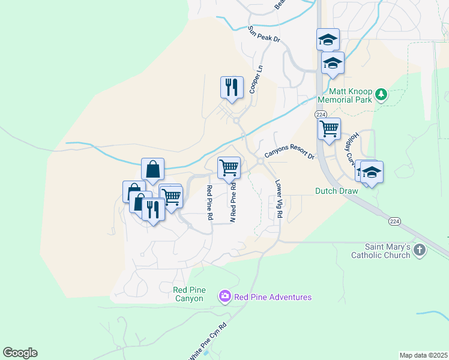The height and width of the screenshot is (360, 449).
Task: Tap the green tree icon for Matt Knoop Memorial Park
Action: pyautogui.click(x=380, y=94)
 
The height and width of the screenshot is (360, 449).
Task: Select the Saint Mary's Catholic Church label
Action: pyautogui.click(x=388, y=251)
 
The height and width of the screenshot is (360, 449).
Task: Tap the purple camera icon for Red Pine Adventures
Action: pyautogui.click(x=225, y=296)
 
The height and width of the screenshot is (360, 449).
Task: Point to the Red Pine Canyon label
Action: pyautogui.click(x=188, y=294)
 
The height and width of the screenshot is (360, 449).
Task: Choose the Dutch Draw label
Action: pyautogui.click(x=336, y=191)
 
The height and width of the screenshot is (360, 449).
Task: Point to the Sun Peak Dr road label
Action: pyautogui.click(x=264, y=34)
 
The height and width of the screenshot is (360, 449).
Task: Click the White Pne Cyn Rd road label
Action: pyautogui.click(x=208, y=343)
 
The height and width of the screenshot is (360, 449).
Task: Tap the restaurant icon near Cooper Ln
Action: pyautogui.click(x=231, y=88)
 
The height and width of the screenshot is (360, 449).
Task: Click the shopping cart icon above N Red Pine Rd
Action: pyautogui.click(x=229, y=167)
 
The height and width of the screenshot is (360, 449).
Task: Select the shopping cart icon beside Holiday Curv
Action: pyautogui.click(x=329, y=128)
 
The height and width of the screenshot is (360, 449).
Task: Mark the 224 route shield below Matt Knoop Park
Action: pyautogui.click(x=320, y=114)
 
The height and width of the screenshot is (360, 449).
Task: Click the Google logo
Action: pyautogui.click(x=20, y=353)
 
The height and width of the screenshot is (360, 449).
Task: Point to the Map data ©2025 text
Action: pyautogui.click(x=423, y=355)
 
